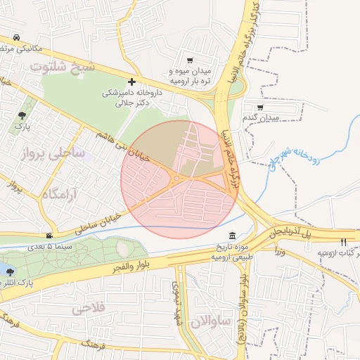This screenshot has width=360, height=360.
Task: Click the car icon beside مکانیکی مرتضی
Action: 15,38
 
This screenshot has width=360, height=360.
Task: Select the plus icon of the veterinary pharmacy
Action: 132,82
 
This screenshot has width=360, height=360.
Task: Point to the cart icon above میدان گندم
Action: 260,108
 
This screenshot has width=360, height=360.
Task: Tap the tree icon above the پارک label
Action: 23,114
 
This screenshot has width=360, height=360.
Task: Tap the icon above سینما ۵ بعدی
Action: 49,236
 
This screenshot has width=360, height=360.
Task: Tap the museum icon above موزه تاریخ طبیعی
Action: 231,236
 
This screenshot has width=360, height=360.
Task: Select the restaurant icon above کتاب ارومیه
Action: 344,242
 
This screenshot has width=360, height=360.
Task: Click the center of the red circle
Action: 179,179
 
